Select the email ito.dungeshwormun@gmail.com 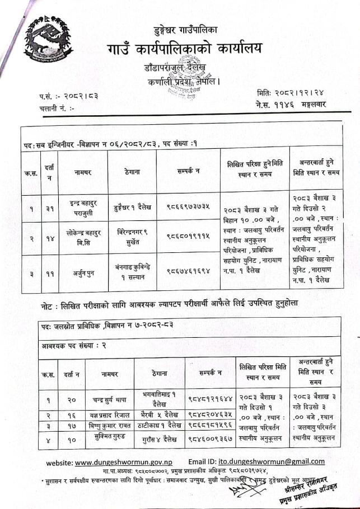point(274,461)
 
